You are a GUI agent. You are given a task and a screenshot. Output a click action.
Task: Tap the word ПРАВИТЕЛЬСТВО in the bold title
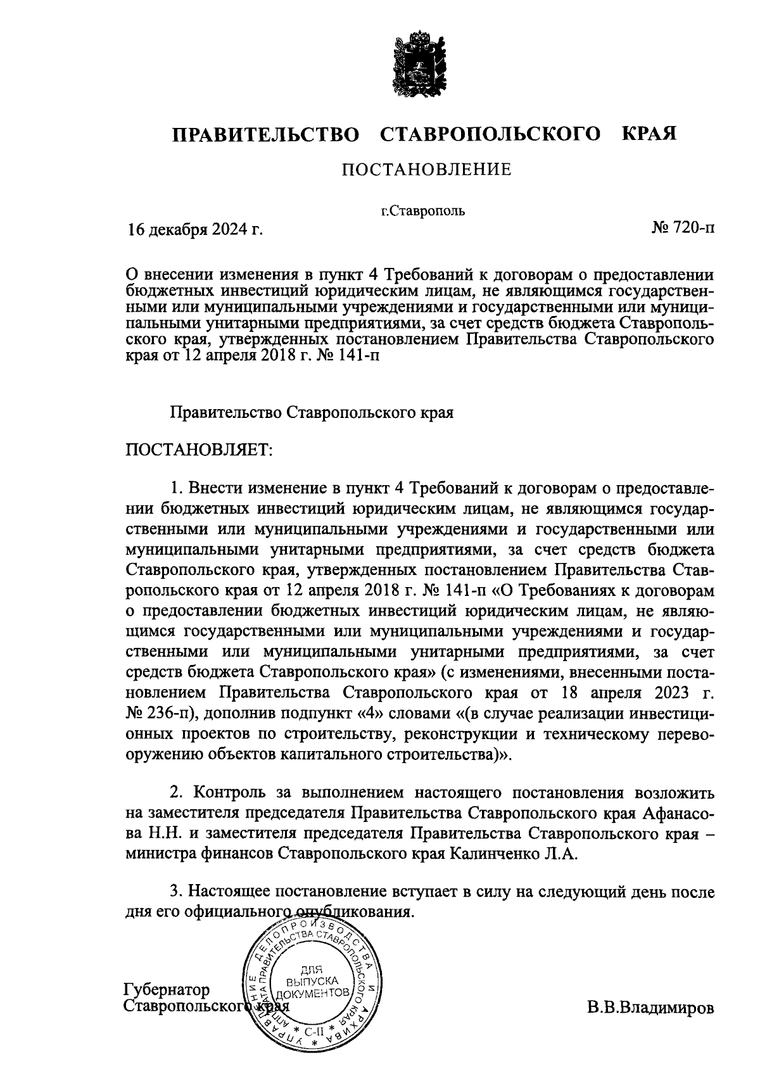[x=267, y=134]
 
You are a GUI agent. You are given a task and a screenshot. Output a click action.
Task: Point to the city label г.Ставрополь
[x=423, y=211]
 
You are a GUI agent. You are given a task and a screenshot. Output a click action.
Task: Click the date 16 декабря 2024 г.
[x=195, y=229]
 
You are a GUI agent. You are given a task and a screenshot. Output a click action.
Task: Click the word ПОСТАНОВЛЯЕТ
[x=199, y=450]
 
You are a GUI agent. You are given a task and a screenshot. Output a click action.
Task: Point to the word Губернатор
[x=167, y=990]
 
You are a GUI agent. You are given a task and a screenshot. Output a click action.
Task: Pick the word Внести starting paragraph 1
[x=215, y=488]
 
